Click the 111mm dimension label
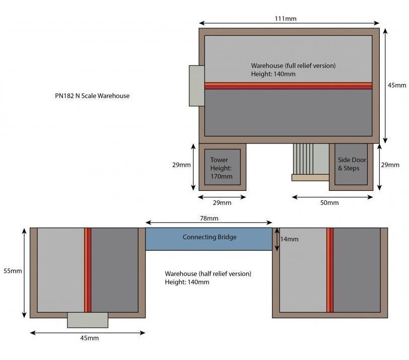pos(286,19)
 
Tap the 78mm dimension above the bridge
pos(209,219)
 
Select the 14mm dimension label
pos(289,239)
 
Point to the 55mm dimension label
pos(13,271)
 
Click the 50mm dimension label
pos(329,203)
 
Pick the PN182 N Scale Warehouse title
pos(92,96)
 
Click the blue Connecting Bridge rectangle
pos(209,239)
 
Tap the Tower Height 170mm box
pos(223,167)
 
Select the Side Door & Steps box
pos(351,167)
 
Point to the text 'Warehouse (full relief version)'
pos(294,65)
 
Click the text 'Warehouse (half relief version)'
pos(208,274)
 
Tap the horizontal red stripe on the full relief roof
pos(288,86)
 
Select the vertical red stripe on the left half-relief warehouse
pos(88,270)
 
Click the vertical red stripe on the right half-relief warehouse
pos(330,270)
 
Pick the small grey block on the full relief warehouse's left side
pos(196,86)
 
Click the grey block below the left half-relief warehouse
pos(88,320)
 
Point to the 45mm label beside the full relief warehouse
pos(397,86)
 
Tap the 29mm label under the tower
pos(222,203)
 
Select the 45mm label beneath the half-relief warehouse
pos(90,338)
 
